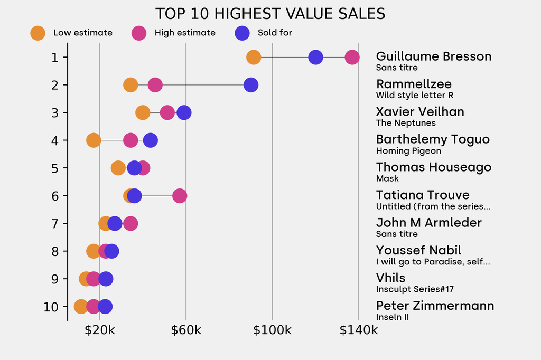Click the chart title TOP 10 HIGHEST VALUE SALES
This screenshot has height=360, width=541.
point(270,13)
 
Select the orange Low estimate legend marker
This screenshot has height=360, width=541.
point(38,33)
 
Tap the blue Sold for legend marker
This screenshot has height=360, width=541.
point(241,33)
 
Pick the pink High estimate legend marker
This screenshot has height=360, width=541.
point(138,33)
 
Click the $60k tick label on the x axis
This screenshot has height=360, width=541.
point(186,330)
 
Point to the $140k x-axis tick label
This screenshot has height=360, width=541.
point(359,330)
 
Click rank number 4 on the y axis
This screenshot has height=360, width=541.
point(55,140)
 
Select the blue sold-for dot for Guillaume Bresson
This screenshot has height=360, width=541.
point(315,57)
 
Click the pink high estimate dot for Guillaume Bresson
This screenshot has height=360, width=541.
point(352,57)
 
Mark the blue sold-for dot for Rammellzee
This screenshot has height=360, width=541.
point(251,85)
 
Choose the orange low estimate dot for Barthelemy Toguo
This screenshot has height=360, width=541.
point(94,140)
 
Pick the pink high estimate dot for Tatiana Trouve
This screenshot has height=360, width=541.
point(180,196)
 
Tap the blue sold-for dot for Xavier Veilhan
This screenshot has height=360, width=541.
point(184,112)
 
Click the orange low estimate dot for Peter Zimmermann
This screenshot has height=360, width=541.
point(81,307)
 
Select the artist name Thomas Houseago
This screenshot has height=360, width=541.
point(433,167)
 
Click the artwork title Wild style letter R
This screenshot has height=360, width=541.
point(414,96)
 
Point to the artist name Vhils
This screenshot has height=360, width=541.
point(390,278)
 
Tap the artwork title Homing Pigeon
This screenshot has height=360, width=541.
point(408,151)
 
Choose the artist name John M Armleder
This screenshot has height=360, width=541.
point(428,223)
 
